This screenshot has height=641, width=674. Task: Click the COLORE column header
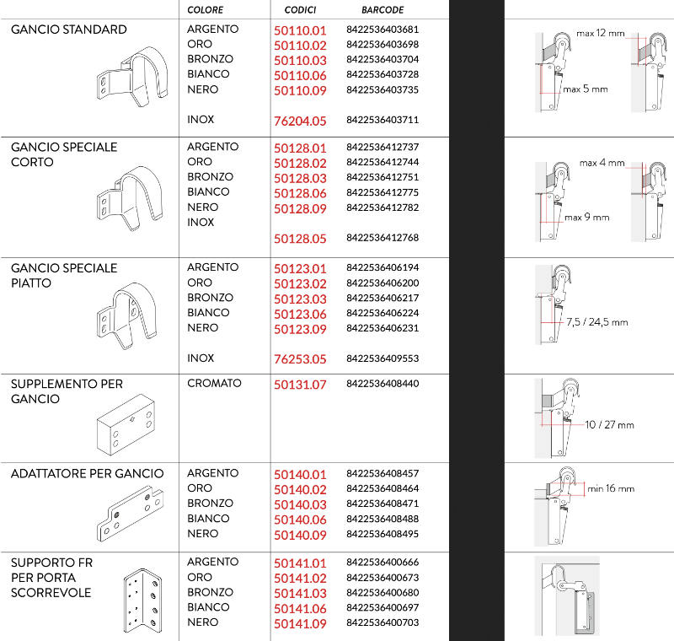[206, 10]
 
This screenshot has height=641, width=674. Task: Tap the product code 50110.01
[300, 30]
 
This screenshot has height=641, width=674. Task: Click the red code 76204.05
[300, 121]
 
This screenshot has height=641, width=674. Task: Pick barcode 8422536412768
[382, 238]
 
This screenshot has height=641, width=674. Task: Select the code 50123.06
[300, 314]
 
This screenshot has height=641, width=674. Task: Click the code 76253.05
[300, 359]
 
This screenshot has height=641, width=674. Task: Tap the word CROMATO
[214, 384]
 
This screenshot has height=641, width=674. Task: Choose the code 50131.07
[300, 385]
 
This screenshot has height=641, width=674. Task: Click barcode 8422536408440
[382, 384]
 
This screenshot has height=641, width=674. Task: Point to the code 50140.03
[300, 504]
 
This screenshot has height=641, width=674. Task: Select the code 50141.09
[300, 623]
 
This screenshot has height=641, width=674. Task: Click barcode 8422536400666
[382, 563]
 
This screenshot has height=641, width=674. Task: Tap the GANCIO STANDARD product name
[69, 30]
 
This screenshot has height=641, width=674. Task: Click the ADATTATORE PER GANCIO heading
[88, 473]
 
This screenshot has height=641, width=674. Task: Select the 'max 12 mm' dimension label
[601, 34]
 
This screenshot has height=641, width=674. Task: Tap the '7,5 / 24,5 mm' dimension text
[597, 322]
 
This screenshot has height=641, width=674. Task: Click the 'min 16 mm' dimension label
[611, 488]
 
